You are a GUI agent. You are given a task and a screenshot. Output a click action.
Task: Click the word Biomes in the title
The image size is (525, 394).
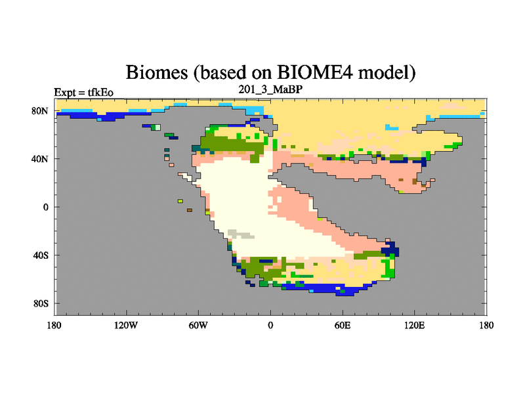pyautogui.click(x=157, y=72)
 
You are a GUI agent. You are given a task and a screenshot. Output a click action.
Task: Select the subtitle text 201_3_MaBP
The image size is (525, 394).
pyautogui.click(x=270, y=89)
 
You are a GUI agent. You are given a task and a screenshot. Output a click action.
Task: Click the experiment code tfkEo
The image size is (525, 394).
pyautogui.click(x=100, y=93)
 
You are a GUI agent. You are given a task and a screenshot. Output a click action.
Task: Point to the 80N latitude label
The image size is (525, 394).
pyautogui.click(x=40, y=111)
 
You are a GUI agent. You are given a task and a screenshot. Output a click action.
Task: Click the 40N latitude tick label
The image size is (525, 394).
pyautogui.click(x=40, y=159)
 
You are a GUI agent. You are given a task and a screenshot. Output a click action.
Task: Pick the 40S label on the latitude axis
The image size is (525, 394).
pyautogui.click(x=41, y=255)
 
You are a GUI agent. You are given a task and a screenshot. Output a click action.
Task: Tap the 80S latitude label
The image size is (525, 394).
pyautogui.click(x=41, y=303)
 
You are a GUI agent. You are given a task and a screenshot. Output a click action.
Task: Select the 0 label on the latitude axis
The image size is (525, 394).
pyautogui.click(x=45, y=207)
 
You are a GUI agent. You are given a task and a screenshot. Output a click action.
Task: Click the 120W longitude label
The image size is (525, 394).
pyautogui.click(x=126, y=325)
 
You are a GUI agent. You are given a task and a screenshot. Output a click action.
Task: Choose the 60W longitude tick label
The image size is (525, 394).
pyautogui.click(x=198, y=325)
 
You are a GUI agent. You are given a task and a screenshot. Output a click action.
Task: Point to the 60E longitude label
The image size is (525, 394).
pyautogui.click(x=343, y=325)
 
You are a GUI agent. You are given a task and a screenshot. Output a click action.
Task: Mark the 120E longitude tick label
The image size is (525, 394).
pyautogui.click(x=415, y=325)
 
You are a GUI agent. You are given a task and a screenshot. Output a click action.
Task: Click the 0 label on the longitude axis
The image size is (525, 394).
pyautogui.click(x=270, y=325)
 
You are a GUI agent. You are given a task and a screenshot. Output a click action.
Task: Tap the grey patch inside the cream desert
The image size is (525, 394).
pyautogui.click(x=240, y=234)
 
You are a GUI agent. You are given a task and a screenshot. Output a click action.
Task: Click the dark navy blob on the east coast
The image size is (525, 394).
pyautogui.click(x=390, y=250)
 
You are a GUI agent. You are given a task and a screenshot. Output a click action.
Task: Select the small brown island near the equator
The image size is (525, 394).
pyautogui.click(x=190, y=210)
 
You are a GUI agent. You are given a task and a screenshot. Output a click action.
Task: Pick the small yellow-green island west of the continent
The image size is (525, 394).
pyautogui.click(x=180, y=201)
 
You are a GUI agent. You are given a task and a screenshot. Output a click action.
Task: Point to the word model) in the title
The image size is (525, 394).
pyautogui.click(x=387, y=72)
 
